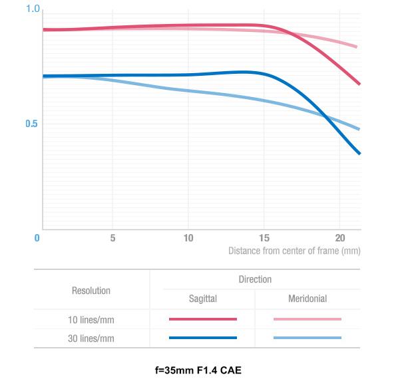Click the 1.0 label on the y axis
pyautogui.click(x=33, y=9)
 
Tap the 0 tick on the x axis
pyautogui.click(x=37, y=237)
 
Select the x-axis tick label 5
pyautogui.click(x=112, y=237)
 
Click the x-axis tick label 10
pyautogui.click(x=188, y=237)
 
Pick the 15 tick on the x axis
pyautogui.click(x=264, y=237)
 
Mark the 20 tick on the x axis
pyautogui.click(x=339, y=237)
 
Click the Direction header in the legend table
pyautogui.click(x=255, y=280)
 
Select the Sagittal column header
pyautogui.click(x=202, y=299)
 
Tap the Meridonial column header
pyautogui.click(x=307, y=299)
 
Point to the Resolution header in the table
pyautogui.click(x=91, y=291)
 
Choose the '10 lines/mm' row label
pyautogui.click(x=91, y=319)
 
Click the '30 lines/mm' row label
pyautogui.click(x=91, y=338)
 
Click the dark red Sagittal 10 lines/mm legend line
pyautogui.click(x=202, y=319)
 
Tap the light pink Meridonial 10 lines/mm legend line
pyautogui.click(x=307, y=319)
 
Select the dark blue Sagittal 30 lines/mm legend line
pyautogui.click(x=202, y=338)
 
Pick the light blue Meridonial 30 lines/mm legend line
pyautogui.click(x=307, y=338)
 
